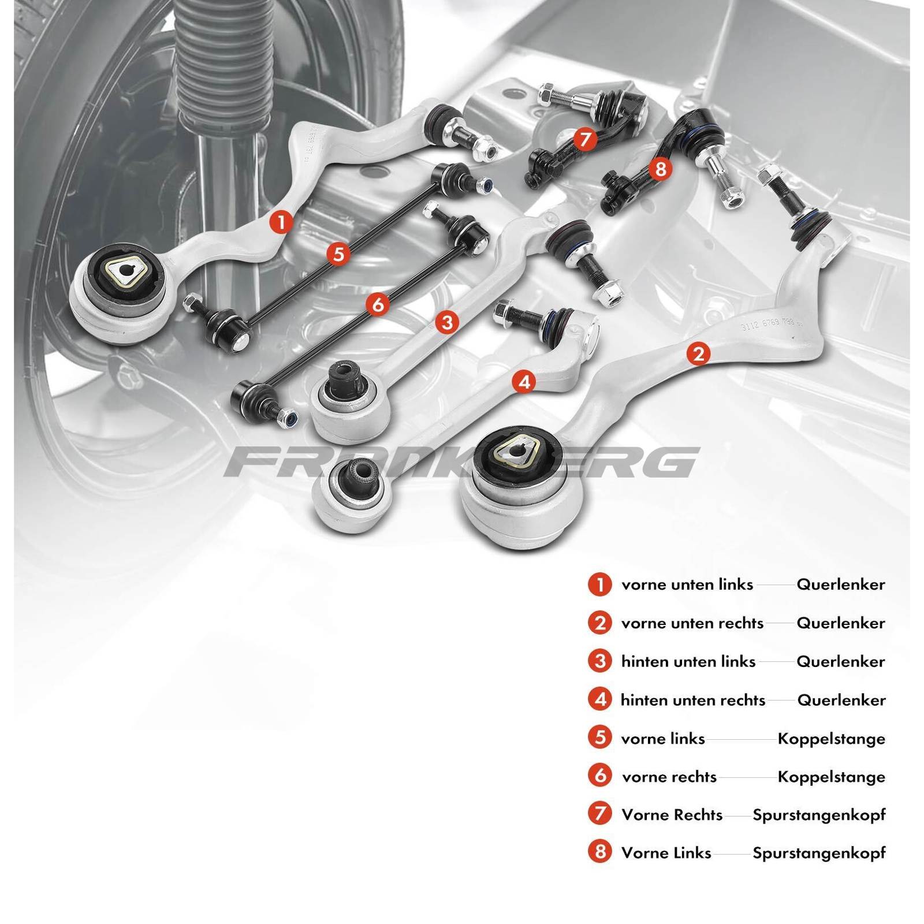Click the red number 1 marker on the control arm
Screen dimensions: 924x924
[x=281, y=222]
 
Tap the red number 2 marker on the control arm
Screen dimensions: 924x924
[x=698, y=353]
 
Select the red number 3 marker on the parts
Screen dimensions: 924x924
[x=447, y=322]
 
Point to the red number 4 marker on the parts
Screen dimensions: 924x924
[x=524, y=382]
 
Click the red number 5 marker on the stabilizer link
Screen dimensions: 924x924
[x=338, y=254]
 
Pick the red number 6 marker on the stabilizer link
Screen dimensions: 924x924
[x=378, y=304]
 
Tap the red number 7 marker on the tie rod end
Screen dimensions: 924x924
[x=586, y=139]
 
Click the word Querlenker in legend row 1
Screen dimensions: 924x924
[x=840, y=584]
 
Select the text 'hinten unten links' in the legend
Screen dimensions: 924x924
[x=688, y=661]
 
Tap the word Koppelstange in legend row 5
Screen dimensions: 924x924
[x=831, y=739]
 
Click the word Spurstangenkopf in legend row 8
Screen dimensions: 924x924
[x=818, y=852]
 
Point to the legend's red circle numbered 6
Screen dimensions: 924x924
[x=600, y=776]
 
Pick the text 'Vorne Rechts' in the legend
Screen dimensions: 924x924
[x=672, y=815]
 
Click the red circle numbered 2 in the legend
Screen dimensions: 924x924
[x=600, y=623]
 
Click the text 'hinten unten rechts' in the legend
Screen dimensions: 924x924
[x=692, y=700]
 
